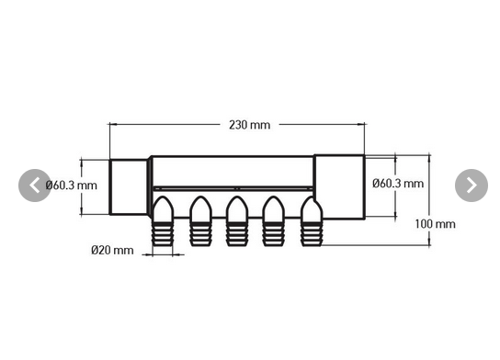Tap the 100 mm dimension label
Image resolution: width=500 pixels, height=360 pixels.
point(435,223)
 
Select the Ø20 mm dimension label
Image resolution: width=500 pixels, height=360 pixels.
point(112,250)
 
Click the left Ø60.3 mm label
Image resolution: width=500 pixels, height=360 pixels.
point(70,186)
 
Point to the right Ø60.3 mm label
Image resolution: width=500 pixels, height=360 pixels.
point(397,184)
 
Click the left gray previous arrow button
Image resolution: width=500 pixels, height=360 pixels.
point(35,186)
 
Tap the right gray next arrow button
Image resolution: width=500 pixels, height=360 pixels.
point(471,186)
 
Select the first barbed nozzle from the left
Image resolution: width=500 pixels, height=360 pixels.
point(163,222)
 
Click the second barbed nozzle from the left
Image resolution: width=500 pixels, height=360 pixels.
point(200,222)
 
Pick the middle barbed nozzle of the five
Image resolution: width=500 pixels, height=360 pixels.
point(237,222)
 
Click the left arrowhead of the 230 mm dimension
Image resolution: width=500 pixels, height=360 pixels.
point(113,123)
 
